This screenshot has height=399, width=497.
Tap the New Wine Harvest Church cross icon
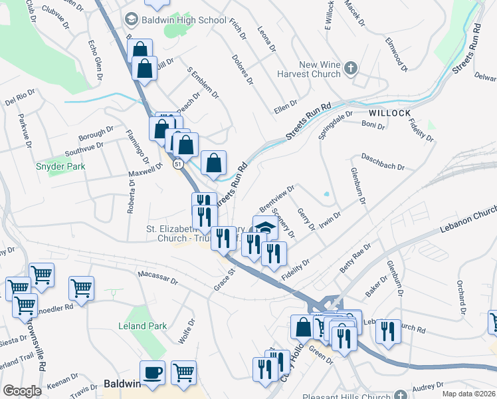(352, 68)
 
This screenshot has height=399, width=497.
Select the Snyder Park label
(60, 166)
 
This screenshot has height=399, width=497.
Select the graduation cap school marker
(265, 227)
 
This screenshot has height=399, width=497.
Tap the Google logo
(22, 391)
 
